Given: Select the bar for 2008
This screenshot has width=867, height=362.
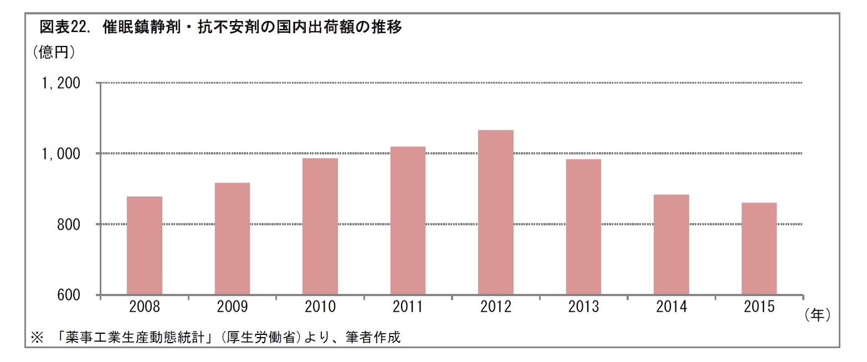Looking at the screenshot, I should tap(145, 246).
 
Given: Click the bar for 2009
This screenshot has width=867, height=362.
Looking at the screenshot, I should tap(232, 239).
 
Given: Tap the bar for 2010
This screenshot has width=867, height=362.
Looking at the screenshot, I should tap(320, 226).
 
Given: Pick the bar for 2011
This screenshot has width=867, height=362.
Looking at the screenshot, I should tap(408, 220).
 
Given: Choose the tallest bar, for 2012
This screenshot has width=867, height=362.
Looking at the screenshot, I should tap(495, 212).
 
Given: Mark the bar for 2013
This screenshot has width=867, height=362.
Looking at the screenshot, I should tap(583, 227).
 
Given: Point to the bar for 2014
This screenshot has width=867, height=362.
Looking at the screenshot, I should tap(671, 245).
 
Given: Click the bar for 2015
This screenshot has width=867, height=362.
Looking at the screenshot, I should tap(759, 249).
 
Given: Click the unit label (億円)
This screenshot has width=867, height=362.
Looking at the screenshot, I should tap(54, 53).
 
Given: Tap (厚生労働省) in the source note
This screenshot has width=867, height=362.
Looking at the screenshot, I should tap(263, 337).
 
